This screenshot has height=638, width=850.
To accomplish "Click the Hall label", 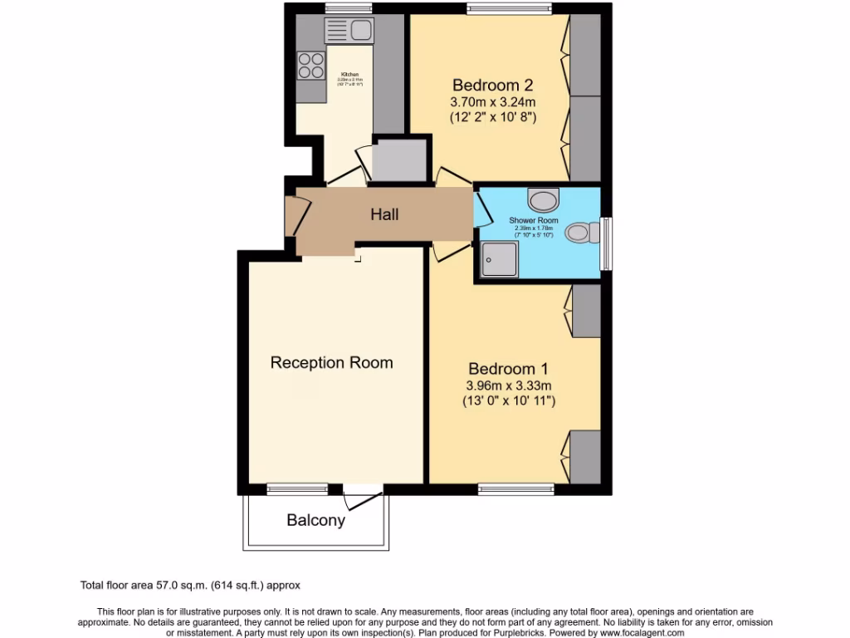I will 384,214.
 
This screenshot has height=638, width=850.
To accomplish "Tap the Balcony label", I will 315,521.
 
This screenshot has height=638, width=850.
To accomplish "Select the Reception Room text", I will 331,362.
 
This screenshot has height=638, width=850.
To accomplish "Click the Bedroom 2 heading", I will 492,85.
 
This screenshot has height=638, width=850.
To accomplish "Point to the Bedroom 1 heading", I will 508,368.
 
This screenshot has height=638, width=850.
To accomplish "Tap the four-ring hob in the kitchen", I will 311,66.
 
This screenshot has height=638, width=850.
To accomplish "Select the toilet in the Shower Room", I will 581,233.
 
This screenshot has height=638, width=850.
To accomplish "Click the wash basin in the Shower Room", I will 544,199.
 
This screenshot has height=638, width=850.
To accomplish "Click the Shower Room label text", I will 534,220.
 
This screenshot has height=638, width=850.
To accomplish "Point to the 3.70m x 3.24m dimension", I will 492,102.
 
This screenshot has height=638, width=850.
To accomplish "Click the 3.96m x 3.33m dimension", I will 509,385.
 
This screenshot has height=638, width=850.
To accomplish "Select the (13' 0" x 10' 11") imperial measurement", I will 509,401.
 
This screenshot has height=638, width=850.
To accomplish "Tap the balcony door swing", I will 364,498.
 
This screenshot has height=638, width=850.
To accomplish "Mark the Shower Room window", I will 607,243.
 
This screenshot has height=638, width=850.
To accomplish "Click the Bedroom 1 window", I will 515,488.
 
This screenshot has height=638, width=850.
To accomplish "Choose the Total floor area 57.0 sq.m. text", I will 195,585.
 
